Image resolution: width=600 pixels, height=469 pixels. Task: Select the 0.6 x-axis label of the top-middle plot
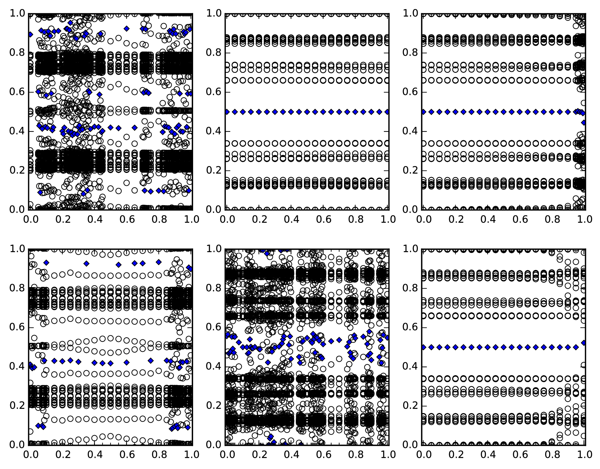pyautogui.click(x=324, y=219)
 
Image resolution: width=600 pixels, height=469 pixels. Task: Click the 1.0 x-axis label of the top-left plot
pyautogui.click(x=192, y=219)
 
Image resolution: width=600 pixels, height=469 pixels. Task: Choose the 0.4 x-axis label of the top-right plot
pyautogui.click(x=488, y=219)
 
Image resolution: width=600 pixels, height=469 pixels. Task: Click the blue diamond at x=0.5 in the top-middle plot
pyautogui.click(x=307, y=112)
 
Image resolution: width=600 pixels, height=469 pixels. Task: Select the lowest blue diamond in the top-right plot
pyautogui.click(x=584, y=122)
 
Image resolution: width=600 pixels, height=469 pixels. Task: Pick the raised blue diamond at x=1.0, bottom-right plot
pyautogui.click(x=584, y=343)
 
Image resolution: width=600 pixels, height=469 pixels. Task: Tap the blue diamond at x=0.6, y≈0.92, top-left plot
pyautogui.click(x=127, y=28)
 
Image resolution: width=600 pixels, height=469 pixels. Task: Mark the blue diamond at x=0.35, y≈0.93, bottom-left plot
pyautogui.click(x=87, y=263)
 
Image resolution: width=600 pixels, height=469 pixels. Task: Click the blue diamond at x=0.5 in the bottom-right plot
pyautogui.click(x=504, y=347)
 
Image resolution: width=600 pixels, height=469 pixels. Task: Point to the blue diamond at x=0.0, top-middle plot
pyautogui.click(x=227, y=112)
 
